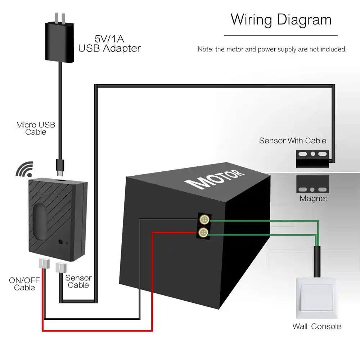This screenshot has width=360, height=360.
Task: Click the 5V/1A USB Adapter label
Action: pyautogui.click(x=109, y=43)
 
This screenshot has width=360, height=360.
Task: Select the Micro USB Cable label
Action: pyautogui.click(x=36, y=129)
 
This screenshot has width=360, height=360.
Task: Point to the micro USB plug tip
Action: pyautogui.click(x=60, y=166)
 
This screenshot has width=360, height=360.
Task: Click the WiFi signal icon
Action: pyautogui.click(x=24, y=169)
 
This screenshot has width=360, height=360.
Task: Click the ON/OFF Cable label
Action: pyautogui.click(x=24, y=284)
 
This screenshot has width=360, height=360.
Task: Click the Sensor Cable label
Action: pyautogui.click(x=78, y=281)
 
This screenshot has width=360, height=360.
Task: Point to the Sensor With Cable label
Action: pyautogui.click(x=292, y=140)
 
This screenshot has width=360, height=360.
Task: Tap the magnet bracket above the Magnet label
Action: pyautogui.click(x=312, y=185)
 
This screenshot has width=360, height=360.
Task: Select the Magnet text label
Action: pyautogui.click(x=314, y=198)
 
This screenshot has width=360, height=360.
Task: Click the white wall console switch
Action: pyautogui.click(x=316, y=297)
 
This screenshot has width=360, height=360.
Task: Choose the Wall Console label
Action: pyautogui.click(x=316, y=327)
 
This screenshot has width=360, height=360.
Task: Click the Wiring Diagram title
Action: pyautogui.click(x=281, y=19)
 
